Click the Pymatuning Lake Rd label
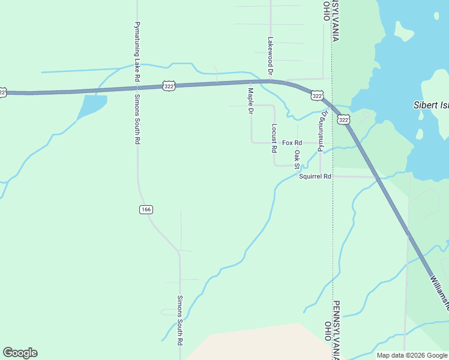[137, 53]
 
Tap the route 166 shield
[146, 209]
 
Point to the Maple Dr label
[251, 101]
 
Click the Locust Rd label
[274, 138]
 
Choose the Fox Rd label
[292, 143]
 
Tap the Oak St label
[297, 160]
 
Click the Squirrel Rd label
[315, 176]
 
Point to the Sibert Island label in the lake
[431, 104]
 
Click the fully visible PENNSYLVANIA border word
[337, 329]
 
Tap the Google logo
[20, 353]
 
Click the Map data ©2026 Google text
[412, 355]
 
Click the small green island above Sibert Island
[405, 31]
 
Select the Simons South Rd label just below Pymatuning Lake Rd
[137, 119]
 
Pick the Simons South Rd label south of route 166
[179, 320]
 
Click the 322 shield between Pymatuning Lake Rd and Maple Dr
[168, 87]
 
